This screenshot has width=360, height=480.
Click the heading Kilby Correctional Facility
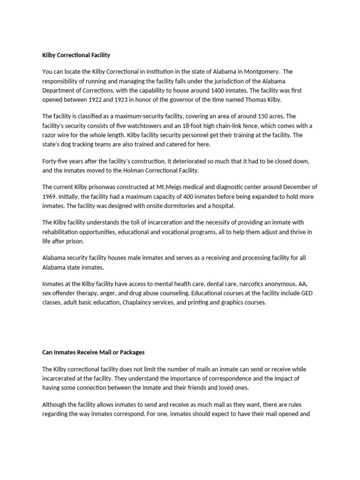click(x=76, y=55)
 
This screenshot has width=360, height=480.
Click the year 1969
click(x=50, y=196)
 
